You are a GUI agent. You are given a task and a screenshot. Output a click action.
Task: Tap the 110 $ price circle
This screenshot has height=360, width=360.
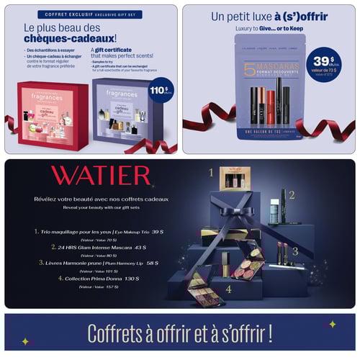click(161, 91)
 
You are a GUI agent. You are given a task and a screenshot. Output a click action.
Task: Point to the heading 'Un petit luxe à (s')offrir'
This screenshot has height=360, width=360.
click(267, 16)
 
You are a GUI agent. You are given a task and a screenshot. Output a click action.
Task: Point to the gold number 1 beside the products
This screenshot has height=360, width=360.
click(211, 173)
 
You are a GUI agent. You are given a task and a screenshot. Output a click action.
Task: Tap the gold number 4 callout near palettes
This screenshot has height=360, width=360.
click(228, 289)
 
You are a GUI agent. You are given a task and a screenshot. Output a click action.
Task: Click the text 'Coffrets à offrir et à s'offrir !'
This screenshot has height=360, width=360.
click(180, 333)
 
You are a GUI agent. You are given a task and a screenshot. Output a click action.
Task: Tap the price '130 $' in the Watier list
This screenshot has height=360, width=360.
click(132, 278)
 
